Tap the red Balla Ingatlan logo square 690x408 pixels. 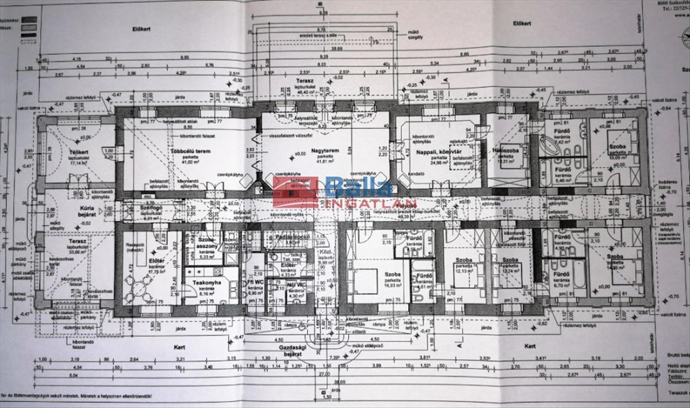coord(295,192)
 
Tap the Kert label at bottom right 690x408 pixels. coord(529,346)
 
